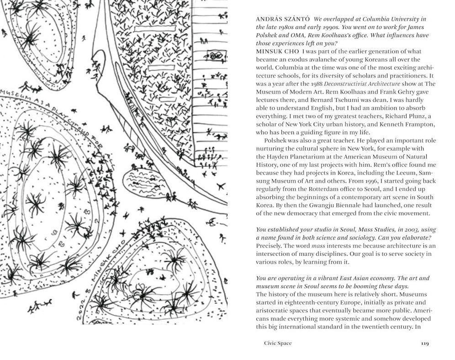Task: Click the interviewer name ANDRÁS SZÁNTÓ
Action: pyautogui.click(x=283, y=19)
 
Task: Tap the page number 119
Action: pyautogui.click(x=425, y=343)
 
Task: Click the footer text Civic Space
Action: pyautogui.click(x=278, y=343)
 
